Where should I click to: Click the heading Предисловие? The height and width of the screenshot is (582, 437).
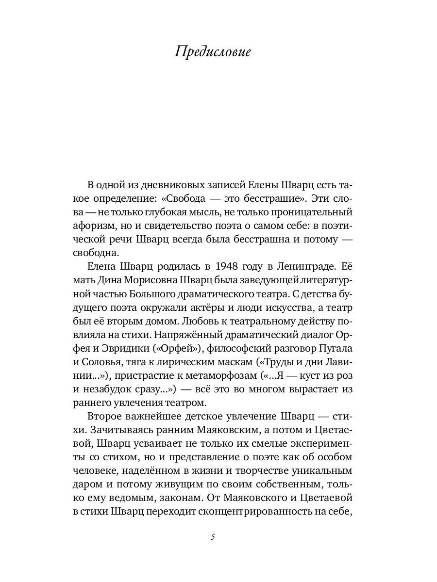(x=213, y=52)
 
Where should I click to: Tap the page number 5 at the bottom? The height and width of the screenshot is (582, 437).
(x=213, y=537)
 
